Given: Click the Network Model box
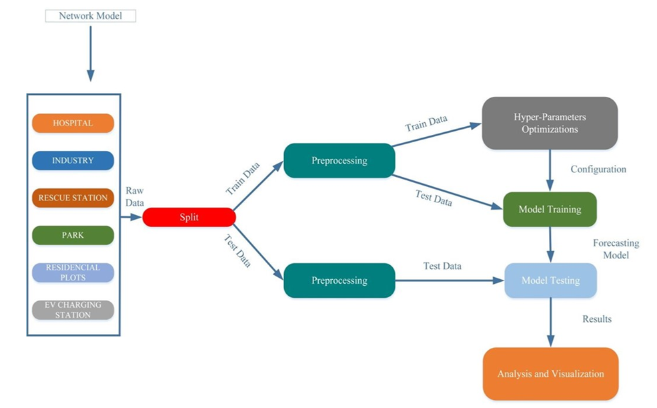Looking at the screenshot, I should pyautogui.click(x=90, y=15).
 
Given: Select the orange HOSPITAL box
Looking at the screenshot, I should pyautogui.click(x=73, y=124).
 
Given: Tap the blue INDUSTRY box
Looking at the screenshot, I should pyautogui.click(x=73, y=161).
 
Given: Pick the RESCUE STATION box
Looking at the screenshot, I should pyautogui.click(x=73, y=198).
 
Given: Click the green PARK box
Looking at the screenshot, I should pyautogui.click(x=73, y=236).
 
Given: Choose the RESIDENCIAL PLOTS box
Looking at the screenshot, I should pyautogui.click(x=73, y=272).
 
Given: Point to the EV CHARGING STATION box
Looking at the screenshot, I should pyautogui.click(x=73, y=310).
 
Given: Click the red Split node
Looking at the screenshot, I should pyautogui.click(x=189, y=218).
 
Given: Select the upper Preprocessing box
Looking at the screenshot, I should pyautogui.click(x=339, y=161).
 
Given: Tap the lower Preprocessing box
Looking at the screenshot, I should pyautogui.click(x=339, y=280).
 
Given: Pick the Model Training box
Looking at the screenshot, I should pyautogui.click(x=550, y=209).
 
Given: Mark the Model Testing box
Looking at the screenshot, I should pyautogui.click(x=550, y=280).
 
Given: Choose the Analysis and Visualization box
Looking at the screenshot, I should pyautogui.click(x=550, y=374).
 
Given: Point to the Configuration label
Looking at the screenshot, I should pyautogui.click(x=598, y=170).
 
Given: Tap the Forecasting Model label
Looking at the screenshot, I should pyautogui.click(x=616, y=249).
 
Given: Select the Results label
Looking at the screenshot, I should pyautogui.click(x=596, y=319).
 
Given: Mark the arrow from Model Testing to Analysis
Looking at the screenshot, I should pyautogui.click(x=550, y=323).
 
